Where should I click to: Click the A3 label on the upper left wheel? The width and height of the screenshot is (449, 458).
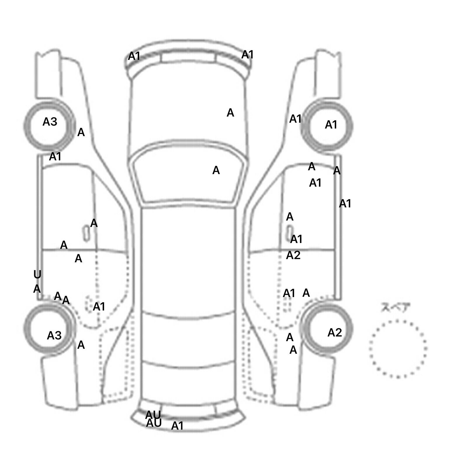coord(50,122)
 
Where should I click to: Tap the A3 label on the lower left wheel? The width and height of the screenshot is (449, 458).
coord(54,336)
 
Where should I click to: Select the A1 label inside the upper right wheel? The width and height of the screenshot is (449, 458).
coord(331,125)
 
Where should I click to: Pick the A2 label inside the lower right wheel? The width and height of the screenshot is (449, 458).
coord(334,332)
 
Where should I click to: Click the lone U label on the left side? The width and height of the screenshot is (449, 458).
coord(37,275)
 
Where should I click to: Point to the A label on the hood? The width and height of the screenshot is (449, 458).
coord(230,113)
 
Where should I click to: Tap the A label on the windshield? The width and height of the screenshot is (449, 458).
coord(216,170)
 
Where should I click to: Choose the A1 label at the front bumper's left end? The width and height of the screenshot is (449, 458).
coord(134,56)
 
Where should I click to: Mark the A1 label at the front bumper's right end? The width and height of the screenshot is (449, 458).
coord(247,55)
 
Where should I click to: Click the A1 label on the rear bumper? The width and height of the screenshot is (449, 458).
coord(177,426)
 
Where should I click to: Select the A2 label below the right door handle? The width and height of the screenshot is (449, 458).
coord(293,255)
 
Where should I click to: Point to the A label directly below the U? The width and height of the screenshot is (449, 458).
coord(37,289)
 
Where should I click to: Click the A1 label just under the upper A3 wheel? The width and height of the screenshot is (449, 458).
coord(55,157)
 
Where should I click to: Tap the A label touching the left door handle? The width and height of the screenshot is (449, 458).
coord(94,223)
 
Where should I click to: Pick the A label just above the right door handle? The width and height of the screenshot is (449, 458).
coord(289,217)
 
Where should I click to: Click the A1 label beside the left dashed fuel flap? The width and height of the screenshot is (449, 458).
coord(99,307)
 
